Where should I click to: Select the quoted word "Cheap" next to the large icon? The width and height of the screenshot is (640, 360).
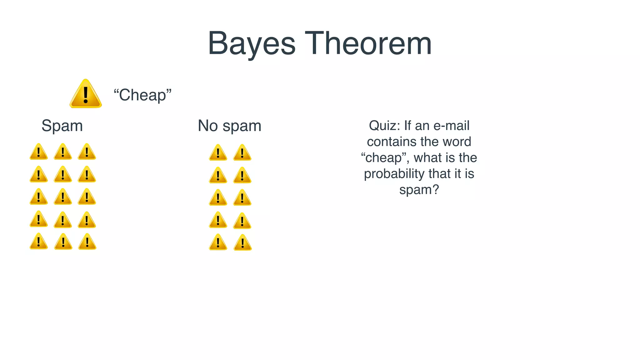point(142,95)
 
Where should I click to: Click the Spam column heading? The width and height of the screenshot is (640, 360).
point(62,126)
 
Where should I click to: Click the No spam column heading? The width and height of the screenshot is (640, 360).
point(229,126)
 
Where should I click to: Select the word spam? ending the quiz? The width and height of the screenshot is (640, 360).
point(419,190)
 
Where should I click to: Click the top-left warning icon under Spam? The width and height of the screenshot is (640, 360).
point(39,152)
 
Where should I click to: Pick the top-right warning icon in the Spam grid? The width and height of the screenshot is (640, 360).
point(87,152)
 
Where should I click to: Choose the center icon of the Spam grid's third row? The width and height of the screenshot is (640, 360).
point(63,197)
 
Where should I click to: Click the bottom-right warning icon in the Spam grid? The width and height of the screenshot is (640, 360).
point(87,242)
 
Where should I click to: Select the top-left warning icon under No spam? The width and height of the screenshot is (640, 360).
point(218,153)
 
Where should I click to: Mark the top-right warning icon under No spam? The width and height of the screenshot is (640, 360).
point(242,153)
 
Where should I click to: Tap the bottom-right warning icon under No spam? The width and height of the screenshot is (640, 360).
point(242,243)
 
